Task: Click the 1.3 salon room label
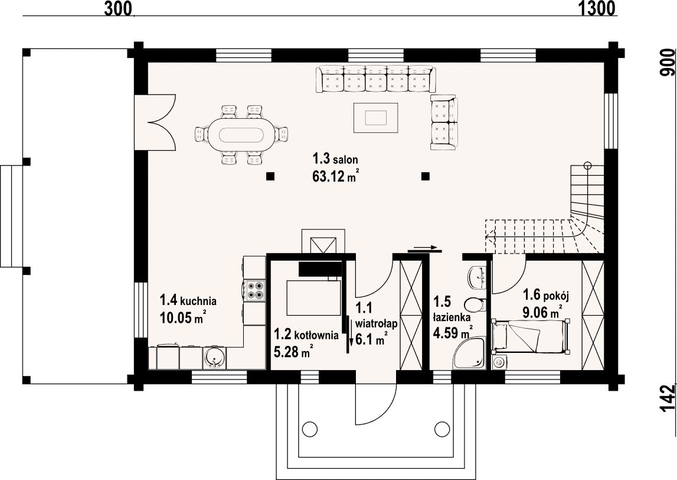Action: click(335, 159)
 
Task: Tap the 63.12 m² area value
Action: click(335, 176)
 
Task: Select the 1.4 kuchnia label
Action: click(188, 300)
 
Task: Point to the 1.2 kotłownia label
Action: click(306, 335)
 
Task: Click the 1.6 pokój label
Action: click(547, 296)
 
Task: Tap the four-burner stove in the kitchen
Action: click(254, 290)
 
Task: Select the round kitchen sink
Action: click(214, 358)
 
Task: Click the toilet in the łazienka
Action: click(477, 304)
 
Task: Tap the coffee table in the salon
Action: click(375, 117)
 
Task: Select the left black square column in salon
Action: click(270, 176)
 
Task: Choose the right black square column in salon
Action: click(426, 176)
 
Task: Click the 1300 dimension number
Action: click(597, 8)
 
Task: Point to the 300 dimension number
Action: click(118, 8)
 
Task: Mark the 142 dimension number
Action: click(668, 398)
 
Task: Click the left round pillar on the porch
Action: click(309, 429)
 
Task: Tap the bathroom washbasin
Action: click(478, 276)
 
